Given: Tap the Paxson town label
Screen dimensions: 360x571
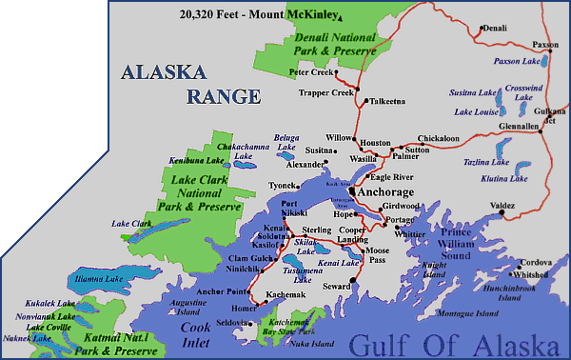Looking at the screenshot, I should click(x=545, y=44).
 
